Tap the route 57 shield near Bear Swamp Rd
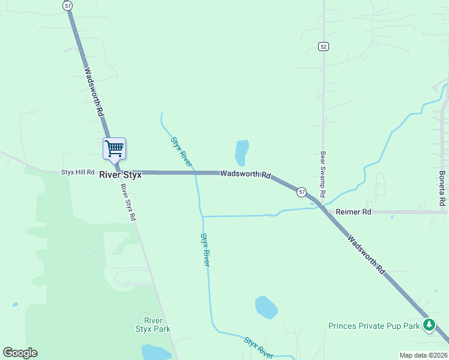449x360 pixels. pos(301,192)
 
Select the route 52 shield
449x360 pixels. pos(324,47)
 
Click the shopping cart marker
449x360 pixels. pos(114,148)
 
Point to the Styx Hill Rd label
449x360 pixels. pos(78,172)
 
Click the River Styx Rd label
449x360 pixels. pos(128,202)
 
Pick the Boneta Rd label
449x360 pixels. pos(442,188)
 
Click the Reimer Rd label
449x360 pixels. pos(354,212)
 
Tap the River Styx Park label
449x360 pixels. pos(153,324)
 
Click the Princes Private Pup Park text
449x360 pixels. pos(374,326)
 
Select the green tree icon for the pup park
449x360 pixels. pos(429,325)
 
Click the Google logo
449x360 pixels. pos(20,353)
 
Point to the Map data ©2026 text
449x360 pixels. pos(423,355)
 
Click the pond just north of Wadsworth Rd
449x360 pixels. pos(242,152)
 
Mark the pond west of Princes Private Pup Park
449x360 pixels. pos(266,307)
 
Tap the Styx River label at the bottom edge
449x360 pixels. pos(259,347)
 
